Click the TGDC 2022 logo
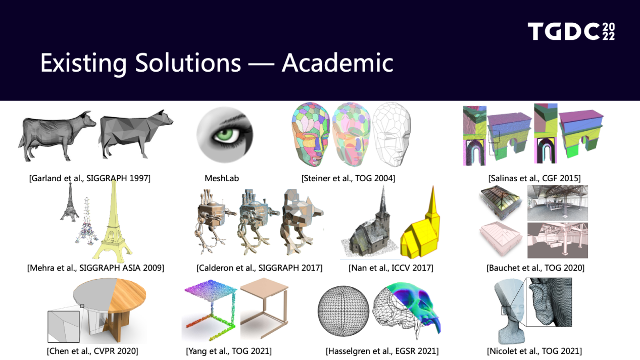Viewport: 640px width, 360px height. point(571,31)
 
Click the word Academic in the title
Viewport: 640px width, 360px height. point(337,63)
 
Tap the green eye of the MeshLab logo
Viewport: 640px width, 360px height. point(225,135)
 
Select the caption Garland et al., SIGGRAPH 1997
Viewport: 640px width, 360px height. point(90,178)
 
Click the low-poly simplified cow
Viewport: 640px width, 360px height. point(136,134)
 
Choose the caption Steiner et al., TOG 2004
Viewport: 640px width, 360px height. point(348,178)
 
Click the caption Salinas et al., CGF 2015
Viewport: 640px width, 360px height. point(534,178)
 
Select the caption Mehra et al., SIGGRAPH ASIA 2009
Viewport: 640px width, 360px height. point(95,268)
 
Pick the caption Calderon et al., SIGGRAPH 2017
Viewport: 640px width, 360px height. point(260,268)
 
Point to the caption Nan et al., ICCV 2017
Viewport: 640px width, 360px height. point(390,268)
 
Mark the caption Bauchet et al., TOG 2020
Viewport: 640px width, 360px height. point(535,268)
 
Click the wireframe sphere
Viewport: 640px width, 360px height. point(343,311)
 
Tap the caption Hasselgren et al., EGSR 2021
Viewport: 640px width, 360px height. point(382,351)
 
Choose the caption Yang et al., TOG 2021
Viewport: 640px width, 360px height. point(228,351)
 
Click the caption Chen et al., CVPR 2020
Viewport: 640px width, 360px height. point(92,351)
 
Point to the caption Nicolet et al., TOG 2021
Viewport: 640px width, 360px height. point(534,351)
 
